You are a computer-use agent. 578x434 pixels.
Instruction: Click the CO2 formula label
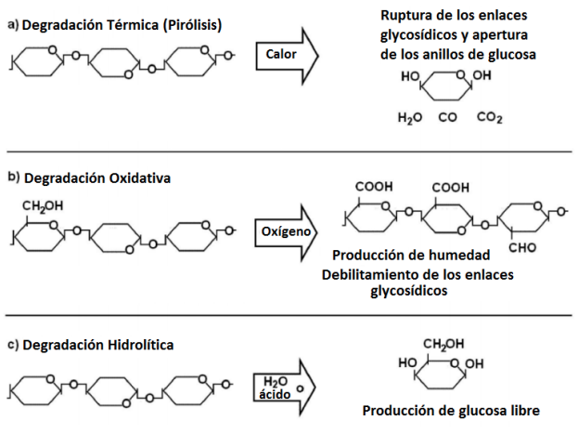click(x=490, y=118)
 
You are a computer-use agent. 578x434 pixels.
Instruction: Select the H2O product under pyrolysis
click(x=409, y=118)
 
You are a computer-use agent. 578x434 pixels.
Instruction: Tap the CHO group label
click(x=522, y=248)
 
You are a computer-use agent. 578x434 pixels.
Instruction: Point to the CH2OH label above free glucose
click(x=443, y=345)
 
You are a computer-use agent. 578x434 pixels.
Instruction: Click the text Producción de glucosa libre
click(x=451, y=411)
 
